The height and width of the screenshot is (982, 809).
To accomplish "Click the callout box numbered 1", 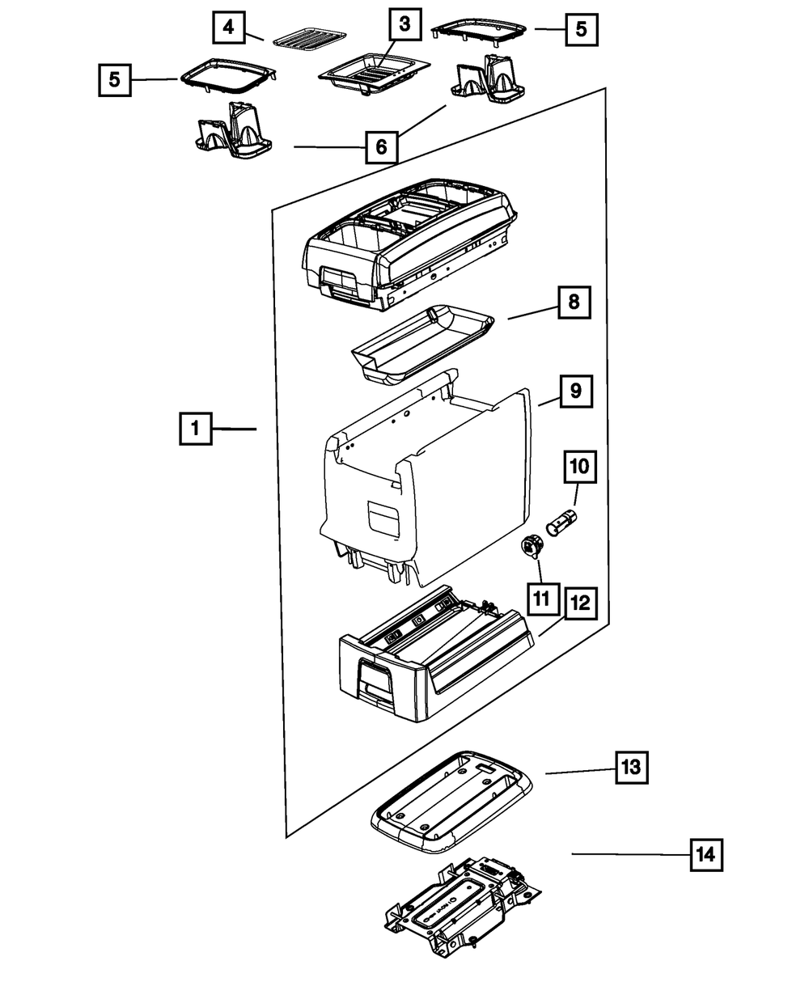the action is coord(196,429).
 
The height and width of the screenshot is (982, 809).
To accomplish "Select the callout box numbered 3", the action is coord(404,24).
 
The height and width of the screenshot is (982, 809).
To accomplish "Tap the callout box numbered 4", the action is coord(229,28).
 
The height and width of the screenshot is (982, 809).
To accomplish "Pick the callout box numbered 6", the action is coord(382,146).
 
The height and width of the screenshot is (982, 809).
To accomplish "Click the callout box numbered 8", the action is coord(574,302).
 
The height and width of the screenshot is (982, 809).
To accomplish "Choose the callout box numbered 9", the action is coord(576,392).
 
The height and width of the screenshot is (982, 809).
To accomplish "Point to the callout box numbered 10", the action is coord(580,467).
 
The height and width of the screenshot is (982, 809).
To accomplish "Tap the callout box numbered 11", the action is coord(544,599).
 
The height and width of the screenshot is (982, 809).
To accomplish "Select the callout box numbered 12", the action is coord(582,603).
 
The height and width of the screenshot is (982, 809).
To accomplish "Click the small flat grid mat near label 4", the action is coord(310,40).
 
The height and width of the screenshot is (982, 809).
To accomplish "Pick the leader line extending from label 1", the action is coord(235,429).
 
